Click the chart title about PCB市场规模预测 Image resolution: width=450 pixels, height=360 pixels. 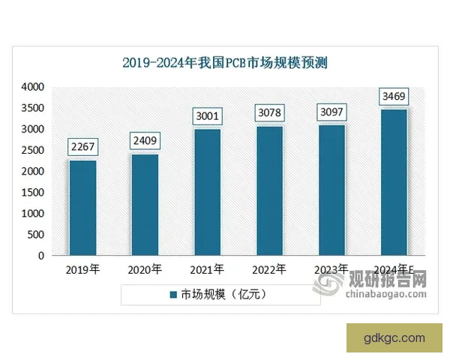point(225,63)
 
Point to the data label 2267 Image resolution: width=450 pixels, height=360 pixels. point(82,147)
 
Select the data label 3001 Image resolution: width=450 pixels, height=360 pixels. point(206,116)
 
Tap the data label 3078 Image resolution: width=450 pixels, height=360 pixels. point(268,113)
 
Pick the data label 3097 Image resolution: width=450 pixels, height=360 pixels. point(331,112)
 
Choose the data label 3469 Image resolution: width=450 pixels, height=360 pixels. point(393,97)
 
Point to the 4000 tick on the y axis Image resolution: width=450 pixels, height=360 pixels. point(33,88)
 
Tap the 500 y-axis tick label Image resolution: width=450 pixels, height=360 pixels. point(36,235)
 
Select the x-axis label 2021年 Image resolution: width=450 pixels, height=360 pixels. point(207,268)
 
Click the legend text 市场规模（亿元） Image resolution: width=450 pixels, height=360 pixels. point(223,295)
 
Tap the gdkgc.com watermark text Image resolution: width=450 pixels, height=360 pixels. point(395,337)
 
